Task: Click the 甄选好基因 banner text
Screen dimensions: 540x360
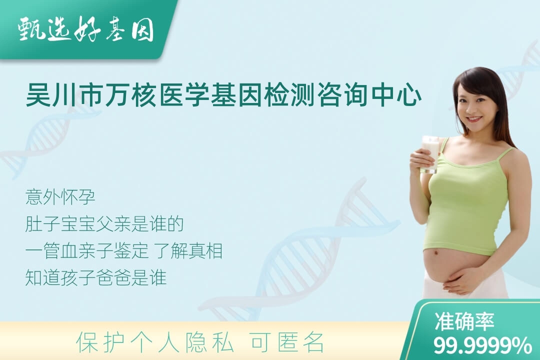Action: point(85,30)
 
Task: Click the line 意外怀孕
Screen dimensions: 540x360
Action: point(60,197)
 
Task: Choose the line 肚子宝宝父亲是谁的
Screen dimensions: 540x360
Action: point(104,224)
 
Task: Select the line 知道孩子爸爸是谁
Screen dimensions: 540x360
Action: point(95,277)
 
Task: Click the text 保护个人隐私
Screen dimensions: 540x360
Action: point(155,342)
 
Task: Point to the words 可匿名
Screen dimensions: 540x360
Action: point(287,342)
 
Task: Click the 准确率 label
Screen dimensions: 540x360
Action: point(464,321)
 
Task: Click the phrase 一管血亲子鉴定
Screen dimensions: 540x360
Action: point(87,250)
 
